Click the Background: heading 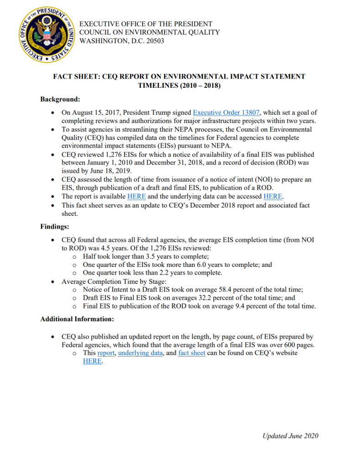(60, 99)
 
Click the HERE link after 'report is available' (137, 197)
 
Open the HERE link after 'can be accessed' (273, 197)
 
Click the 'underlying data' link (141, 353)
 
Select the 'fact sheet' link (191, 353)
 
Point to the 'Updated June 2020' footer (290, 436)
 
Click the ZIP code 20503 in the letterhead (154, 41)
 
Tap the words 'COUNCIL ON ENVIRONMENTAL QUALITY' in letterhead (149, 32)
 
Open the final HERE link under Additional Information (92, 361)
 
